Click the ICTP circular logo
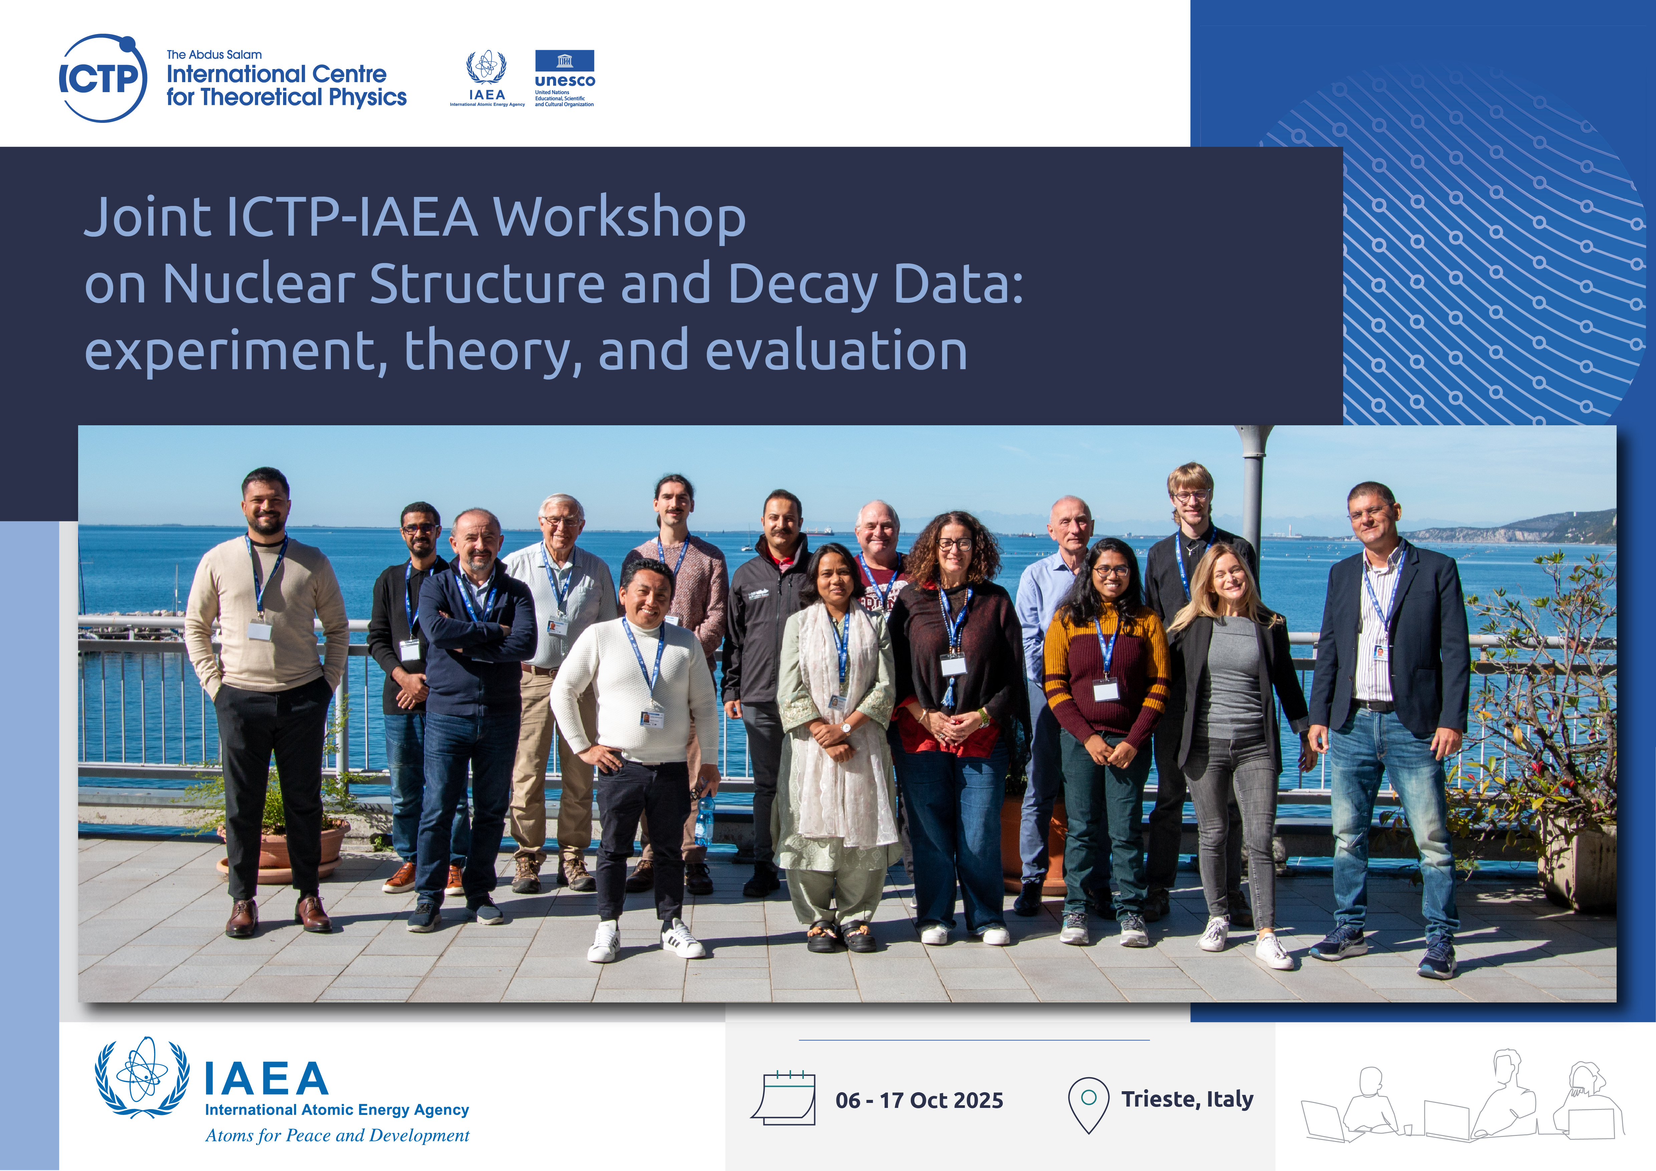point(102,78)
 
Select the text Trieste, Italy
point(1187,1100)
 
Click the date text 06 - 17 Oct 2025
point(919,1100)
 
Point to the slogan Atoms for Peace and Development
point(337,1136)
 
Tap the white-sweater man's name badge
point(651,719)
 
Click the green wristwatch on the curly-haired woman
point(982,717)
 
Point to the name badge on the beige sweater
point(260,631)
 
